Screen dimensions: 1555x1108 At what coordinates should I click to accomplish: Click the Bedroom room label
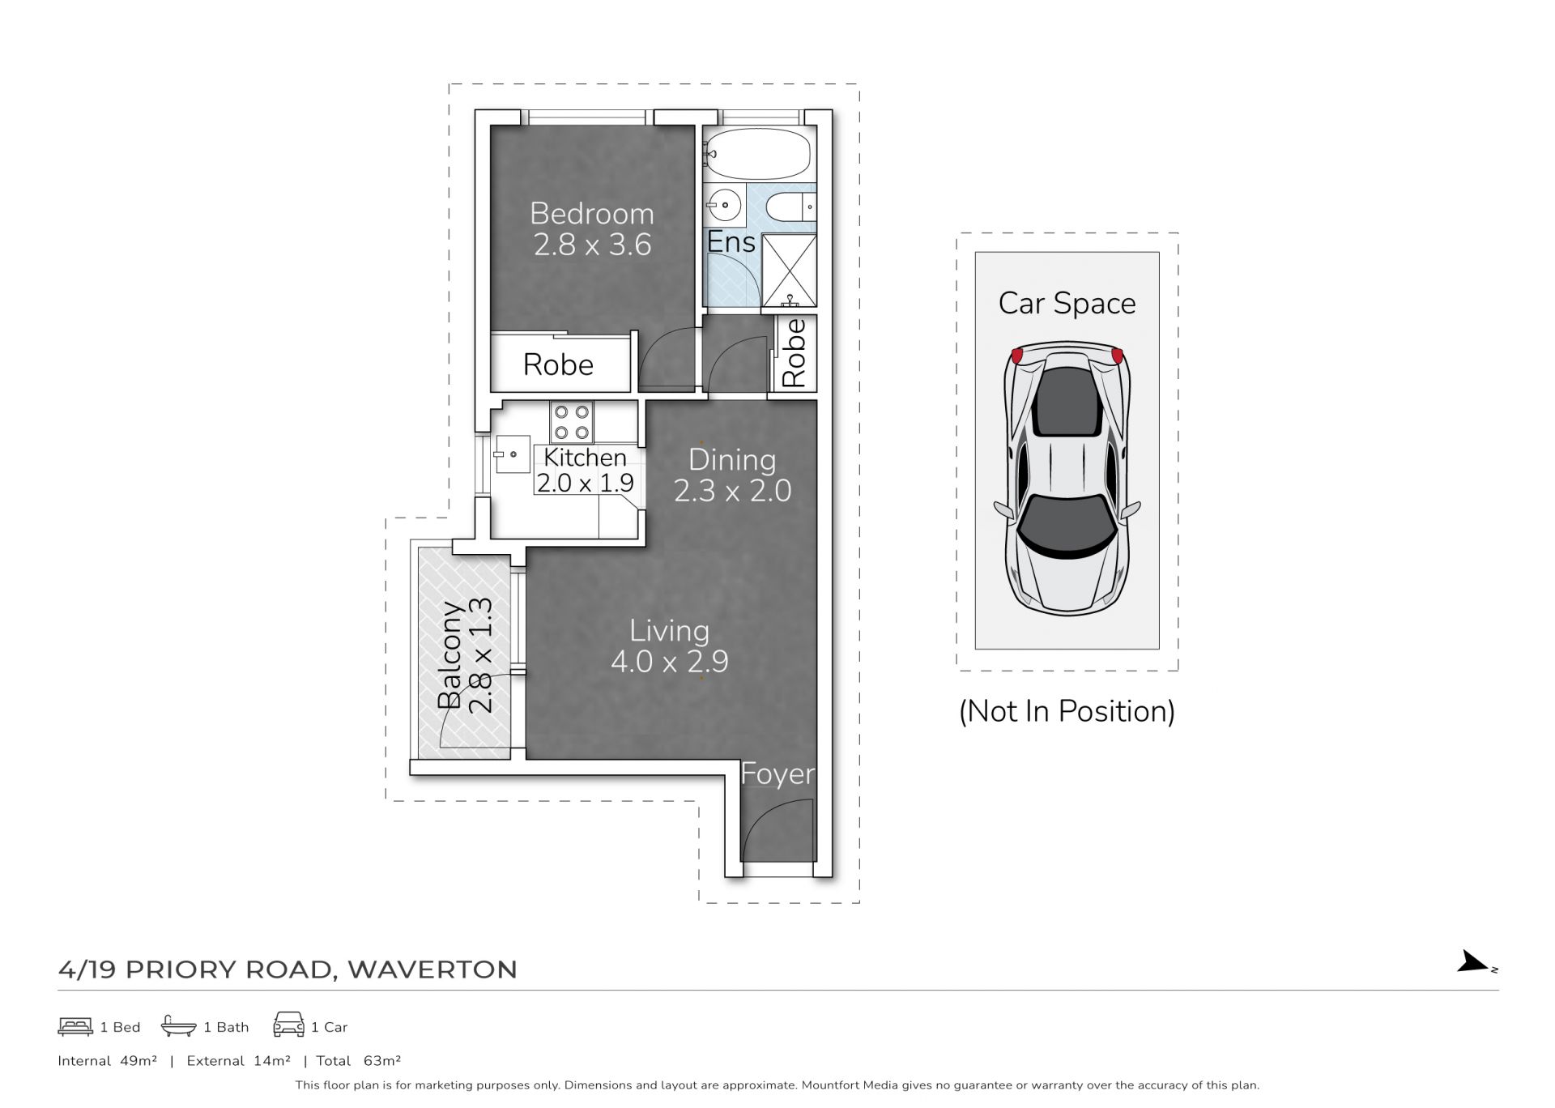point(591,214)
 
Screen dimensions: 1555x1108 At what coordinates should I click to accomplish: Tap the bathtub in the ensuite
point(758,154)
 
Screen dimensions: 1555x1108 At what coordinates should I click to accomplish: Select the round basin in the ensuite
point(724,204)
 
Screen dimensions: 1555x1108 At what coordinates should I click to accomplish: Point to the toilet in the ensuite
point(790,207)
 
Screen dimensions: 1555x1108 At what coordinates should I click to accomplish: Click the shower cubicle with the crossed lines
point(789,271)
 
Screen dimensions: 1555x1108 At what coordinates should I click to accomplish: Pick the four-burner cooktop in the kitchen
point(571,422)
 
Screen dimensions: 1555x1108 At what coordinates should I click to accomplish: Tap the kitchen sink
point(512,454)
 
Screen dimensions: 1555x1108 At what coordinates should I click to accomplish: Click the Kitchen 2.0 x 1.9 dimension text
point(585,483)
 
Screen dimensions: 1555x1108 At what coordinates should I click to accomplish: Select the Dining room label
point(732,460)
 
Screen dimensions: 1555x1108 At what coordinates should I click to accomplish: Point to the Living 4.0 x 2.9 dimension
point(669,662)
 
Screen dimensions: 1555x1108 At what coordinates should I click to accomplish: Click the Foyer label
point(777,774)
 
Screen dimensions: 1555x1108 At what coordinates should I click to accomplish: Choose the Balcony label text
point(450,655)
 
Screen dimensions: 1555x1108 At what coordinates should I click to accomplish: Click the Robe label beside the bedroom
point(558,365)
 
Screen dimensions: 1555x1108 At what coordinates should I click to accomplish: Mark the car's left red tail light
point(1017,355)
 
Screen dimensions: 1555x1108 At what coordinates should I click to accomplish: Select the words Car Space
point(1067,304)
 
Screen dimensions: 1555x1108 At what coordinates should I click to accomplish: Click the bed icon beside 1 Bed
point(75,1026)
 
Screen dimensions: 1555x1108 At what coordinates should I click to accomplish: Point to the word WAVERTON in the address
point(432,969)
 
